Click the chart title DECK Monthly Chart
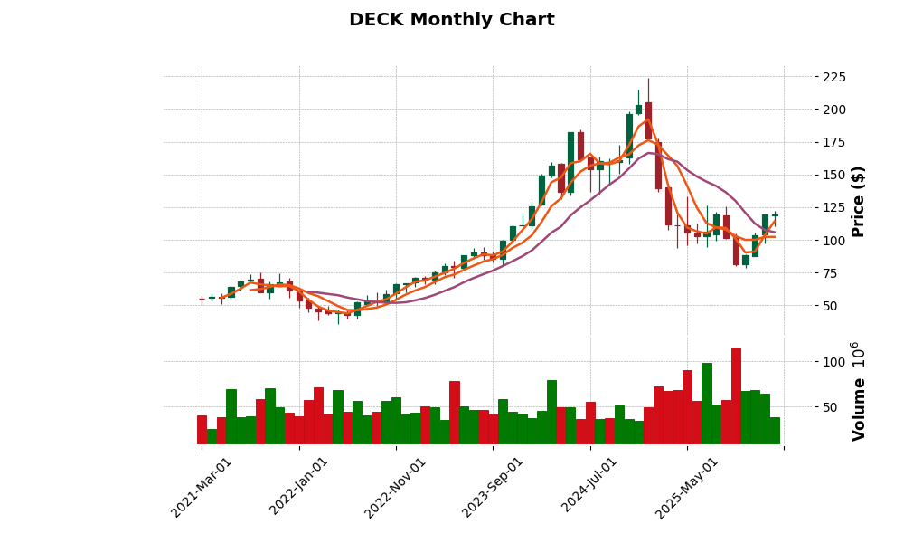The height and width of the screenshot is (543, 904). tap(451, 20)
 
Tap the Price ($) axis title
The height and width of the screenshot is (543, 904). tap(858, 201)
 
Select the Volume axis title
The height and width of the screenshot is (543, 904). tap(858, 391)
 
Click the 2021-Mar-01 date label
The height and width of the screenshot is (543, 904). tap(202, 487)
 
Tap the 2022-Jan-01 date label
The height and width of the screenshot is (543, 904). tap(299, 487)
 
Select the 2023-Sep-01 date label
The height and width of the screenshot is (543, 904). tap(493, 487)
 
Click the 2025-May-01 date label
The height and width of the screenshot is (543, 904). tap(687, 487)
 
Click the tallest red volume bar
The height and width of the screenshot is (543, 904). tap(736, 395)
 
